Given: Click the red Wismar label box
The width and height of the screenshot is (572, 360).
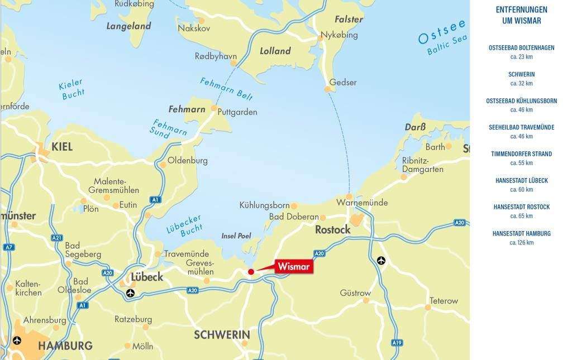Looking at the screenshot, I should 293,267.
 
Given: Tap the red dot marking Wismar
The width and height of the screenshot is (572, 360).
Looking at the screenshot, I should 251,272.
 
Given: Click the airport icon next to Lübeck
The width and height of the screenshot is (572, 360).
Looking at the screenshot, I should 130,293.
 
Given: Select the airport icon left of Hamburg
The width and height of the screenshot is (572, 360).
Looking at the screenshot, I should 17,340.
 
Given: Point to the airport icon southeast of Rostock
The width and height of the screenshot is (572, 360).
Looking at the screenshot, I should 381,260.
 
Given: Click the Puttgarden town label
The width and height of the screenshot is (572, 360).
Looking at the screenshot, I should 237,112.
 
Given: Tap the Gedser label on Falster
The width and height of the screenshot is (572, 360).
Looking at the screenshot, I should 343,83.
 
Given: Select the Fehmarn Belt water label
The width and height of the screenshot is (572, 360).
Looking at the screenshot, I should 226,88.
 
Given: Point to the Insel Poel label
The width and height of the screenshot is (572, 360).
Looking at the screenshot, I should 236,236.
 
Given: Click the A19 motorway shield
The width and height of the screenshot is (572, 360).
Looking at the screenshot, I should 397,343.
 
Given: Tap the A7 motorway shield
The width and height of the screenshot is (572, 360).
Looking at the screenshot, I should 8,247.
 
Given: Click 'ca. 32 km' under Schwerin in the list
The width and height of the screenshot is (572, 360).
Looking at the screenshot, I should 521,84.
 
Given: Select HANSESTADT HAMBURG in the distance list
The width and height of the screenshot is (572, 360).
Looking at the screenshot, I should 521,233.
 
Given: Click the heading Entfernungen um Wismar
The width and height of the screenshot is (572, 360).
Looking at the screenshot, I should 521,15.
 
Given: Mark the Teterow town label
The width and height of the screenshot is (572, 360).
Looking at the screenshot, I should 444,301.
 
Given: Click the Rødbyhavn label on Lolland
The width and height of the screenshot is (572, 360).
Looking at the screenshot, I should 216,56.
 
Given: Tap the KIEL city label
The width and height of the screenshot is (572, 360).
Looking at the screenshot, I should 62,147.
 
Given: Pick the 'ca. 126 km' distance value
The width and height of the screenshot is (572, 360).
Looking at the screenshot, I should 521,243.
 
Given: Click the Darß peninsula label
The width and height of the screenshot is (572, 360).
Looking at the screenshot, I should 415,127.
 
